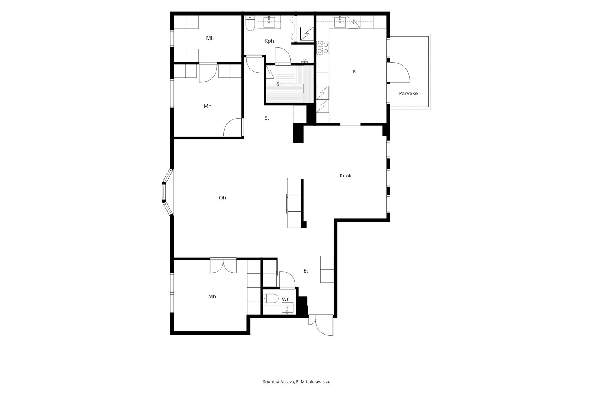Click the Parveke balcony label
[408, 93]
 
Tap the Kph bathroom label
[269, 41]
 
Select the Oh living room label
[222, 198]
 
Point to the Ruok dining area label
[345, 176]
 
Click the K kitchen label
[354, 72]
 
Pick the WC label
[286, 299]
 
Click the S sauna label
[278, 84]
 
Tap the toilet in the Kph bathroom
[250, 23]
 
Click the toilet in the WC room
[271, 299]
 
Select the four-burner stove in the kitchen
[323, 48]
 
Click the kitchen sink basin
[340, 22]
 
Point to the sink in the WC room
[288, 308]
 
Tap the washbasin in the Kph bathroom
[269, 22]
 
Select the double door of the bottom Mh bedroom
[223, 266]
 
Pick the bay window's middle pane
[164, 192]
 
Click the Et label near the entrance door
[306, 271]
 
